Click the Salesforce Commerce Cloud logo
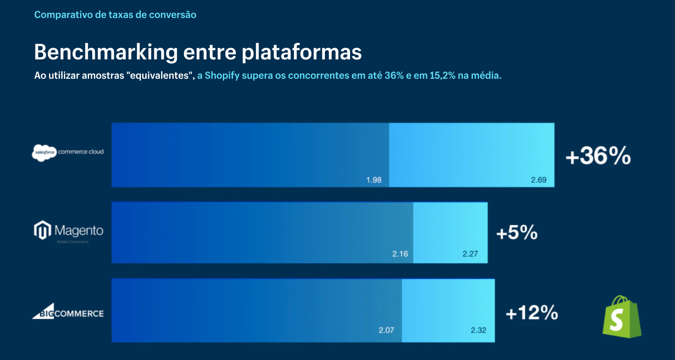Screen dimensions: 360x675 click(x=67, y=152)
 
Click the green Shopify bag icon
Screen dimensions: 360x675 click(x=622, y=317)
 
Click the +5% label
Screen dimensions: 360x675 click(x=517, y=233)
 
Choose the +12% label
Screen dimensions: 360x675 click(x=531, y=313)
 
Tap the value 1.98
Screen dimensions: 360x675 click(x=373, y=180)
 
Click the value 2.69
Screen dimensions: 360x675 click(x=538, y=180)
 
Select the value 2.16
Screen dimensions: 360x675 click(x=400, y=254)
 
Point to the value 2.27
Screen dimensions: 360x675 click(x=470, y=254)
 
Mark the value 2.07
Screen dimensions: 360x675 click(x=386, y=330)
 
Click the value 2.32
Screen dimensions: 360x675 click(x=478, y=330)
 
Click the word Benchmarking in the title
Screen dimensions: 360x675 click(x=106, y=53)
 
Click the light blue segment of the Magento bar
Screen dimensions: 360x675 click(x=450, y=233)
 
